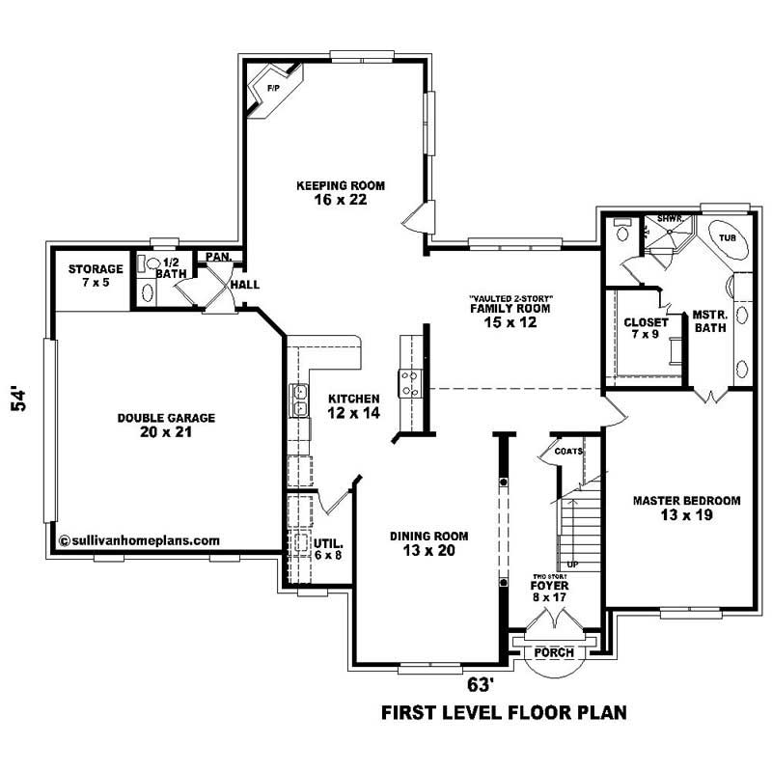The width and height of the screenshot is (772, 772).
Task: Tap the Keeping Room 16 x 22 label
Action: click(327, 192)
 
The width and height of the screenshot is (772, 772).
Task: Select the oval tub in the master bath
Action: click(725, 238)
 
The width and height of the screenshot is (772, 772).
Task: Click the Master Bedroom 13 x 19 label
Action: click(686, 508)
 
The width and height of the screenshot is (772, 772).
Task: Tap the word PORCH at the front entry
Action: click(553, 653)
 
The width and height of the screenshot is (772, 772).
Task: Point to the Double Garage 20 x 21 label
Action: click(166, 425)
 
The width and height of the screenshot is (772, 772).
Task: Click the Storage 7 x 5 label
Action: click(95, 275)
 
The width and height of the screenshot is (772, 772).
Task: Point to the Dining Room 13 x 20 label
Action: click(429, 543)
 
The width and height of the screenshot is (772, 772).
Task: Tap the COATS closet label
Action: click(568, 451)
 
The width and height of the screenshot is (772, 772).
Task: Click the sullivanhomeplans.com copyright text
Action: click(141, 541)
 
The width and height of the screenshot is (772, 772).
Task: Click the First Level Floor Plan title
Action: click(505, 713)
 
